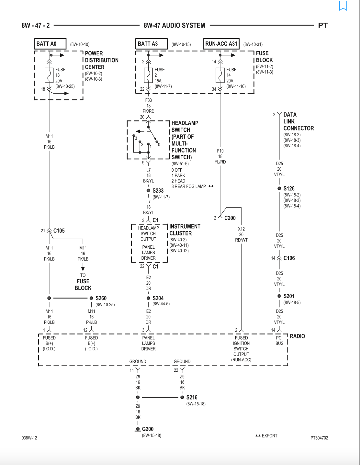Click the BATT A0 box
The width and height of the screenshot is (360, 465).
[50, 44]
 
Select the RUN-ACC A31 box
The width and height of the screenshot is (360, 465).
[221, 44]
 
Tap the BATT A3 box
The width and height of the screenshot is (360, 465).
[151, 44]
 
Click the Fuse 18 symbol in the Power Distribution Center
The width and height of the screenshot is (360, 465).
[49, 75]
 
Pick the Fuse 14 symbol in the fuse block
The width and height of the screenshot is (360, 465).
[220, 75]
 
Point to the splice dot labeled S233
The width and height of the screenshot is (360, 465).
[148, 190]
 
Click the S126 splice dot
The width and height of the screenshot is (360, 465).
[279, 188]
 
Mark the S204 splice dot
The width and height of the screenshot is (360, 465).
[148, 298]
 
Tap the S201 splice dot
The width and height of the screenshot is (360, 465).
[279, 296]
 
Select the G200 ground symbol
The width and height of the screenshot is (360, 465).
[138, 429]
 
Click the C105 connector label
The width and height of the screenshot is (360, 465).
[59, 231]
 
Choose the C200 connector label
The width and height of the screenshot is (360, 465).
[230, 218]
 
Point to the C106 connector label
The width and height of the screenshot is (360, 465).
[289, 258]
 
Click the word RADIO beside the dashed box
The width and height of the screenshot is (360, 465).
[297, 336]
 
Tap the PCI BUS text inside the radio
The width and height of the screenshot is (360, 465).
[279, 340]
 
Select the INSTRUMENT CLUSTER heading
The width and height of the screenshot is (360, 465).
[185, 230]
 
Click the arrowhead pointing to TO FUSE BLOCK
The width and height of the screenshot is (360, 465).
[83, 269]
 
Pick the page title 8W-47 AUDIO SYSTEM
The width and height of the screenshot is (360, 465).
[174, 26]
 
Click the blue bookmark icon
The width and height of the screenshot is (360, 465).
[343, 6]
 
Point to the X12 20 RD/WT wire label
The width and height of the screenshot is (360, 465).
[241, 234]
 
